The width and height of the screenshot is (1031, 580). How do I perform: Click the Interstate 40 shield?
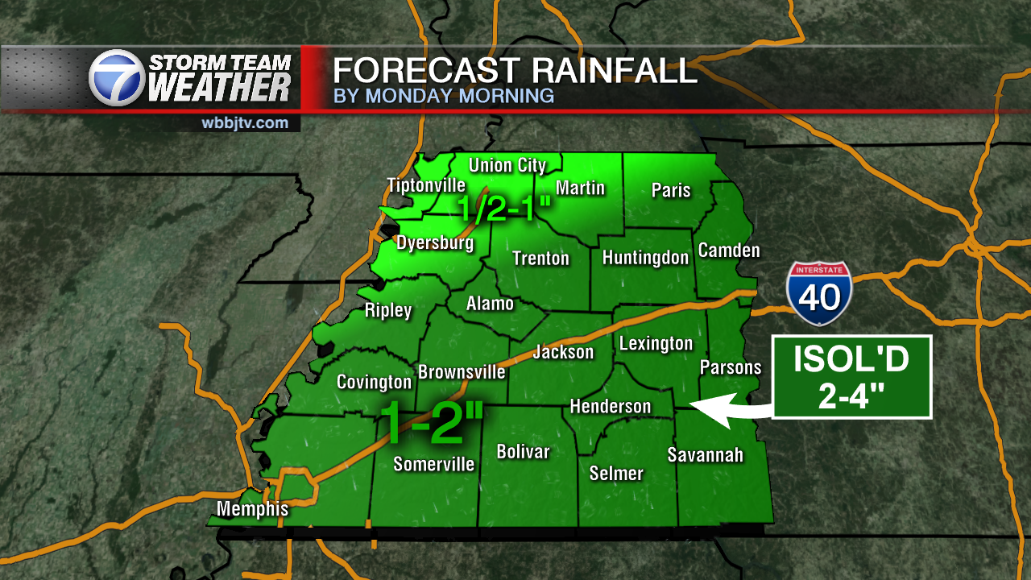coord(819,293)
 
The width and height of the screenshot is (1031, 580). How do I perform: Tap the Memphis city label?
coord(252,509)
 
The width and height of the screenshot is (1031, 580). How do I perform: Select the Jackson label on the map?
coord(563,352)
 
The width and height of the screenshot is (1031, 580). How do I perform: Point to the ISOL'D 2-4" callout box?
coord(851,377)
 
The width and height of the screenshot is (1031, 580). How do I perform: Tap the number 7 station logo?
coord(116,78)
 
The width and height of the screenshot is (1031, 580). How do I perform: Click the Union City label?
coord(507,166)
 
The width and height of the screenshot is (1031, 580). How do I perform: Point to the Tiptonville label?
coord(426,185)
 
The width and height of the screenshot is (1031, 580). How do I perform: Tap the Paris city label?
coord(671,190)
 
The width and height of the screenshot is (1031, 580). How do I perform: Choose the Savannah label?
coord(705,455)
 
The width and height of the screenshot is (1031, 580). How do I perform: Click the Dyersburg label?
coord(435,242)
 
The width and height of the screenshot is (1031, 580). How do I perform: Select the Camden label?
coord(729,251)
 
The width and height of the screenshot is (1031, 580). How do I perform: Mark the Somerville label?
coord(433,464)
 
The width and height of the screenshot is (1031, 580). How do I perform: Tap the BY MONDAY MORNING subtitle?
coord(444,96)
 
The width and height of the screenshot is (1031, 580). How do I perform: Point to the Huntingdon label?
coord(645,258)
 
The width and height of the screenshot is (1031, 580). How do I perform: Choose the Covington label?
coord(374,382)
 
